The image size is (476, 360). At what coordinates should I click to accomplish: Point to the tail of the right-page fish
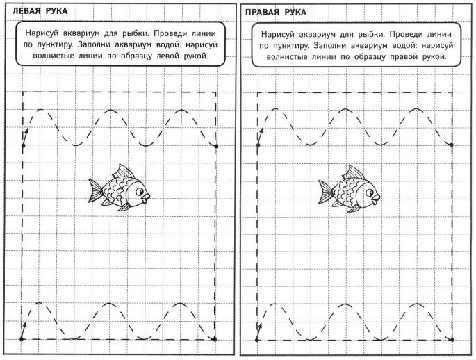click(326, 189)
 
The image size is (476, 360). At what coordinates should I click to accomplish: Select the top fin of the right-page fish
click(354, 172)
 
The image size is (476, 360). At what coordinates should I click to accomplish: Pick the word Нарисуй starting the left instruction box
click(42, 33)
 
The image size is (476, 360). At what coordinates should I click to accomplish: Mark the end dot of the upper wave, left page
click(216, 146)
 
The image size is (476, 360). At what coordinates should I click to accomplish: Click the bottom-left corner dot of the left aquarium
click(22, 338)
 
